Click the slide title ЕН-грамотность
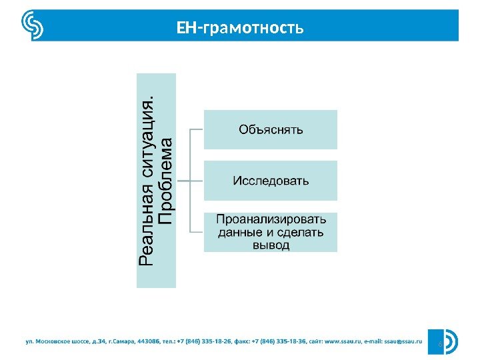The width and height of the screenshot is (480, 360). click(x=239, y=28)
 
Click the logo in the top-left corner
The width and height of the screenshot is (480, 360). click(x=33, y=26)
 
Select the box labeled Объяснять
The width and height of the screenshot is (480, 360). click(x=271, y=129)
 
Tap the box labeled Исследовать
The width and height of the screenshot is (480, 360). click(x=271, y=181)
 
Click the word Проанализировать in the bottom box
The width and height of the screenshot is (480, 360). click(x=271, y=220)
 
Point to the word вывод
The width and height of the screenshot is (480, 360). click(x=271, y=245)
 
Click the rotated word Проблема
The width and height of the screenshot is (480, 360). click(x=167, y=181)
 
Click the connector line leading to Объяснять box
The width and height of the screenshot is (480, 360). click(x=197, y=129)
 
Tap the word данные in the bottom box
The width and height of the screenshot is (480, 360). click(x=236, y=233)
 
